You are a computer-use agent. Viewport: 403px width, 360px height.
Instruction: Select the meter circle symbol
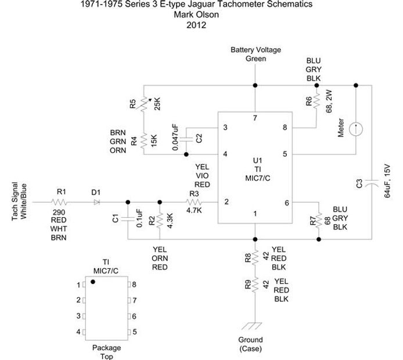(x=357, y=128)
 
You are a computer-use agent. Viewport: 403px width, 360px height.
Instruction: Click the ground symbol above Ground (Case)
(x=254, y=326)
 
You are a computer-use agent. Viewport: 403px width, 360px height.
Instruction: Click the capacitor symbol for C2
(x=186, y=139)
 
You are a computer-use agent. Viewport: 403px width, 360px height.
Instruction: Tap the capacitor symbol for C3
(x=372, y=183)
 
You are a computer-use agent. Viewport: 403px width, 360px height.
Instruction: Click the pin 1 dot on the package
(x=92, y=283)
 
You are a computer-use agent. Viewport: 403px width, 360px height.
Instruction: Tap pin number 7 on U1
(x=254, y=118)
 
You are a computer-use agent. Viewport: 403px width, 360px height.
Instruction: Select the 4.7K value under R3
(x=194, y=211)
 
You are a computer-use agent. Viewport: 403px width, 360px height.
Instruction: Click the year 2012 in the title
(x=197, y=25)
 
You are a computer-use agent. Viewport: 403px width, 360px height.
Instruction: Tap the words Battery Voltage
(x=256, y=50)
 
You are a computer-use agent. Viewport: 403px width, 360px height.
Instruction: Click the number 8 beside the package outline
(x=134, y=285)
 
